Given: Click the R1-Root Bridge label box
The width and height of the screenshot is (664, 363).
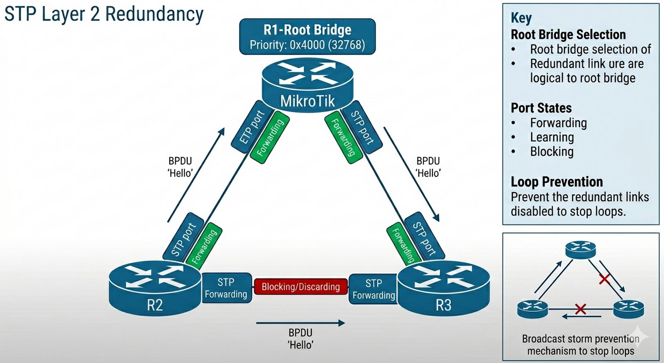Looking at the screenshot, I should tap(307, 37).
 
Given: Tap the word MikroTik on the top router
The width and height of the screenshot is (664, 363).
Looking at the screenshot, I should tap(307, 101).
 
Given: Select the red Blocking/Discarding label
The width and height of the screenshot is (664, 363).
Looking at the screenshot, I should tap(300, 286).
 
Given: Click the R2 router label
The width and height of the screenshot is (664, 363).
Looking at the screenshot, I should tap(155, 305).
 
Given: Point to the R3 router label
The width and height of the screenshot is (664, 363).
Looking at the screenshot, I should tap(443, 305).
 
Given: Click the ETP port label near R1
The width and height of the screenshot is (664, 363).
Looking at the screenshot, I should tap(252, 127).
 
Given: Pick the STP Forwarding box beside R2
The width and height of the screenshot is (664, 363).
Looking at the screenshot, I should tap(226, 288).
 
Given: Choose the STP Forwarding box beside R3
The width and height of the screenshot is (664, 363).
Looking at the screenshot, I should tap(373, 289).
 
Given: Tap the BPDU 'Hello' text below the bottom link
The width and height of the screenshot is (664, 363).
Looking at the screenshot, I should tap(300, 338).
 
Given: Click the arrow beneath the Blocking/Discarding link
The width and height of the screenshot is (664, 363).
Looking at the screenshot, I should tap(300, 323).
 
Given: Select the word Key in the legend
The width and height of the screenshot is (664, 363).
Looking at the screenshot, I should tap(521, 18).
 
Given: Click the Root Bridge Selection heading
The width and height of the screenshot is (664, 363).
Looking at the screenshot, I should tap(568, 35).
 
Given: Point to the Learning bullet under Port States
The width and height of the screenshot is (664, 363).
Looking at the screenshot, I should tap(552, 137).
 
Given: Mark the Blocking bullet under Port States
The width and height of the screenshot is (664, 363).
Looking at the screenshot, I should tap(552, 151).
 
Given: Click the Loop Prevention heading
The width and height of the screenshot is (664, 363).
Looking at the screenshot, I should tap(557, 182).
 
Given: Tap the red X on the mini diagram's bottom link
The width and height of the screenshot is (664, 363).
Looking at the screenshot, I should tap(580, 309).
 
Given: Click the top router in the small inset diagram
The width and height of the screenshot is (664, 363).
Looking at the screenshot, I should tap(581, 249).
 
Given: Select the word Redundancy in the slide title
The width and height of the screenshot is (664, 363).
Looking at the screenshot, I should tap(154, 14).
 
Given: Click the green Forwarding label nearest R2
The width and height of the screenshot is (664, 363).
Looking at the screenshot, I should tap(204, 246).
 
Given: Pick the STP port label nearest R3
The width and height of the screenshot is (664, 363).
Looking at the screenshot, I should tap(424, 238).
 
